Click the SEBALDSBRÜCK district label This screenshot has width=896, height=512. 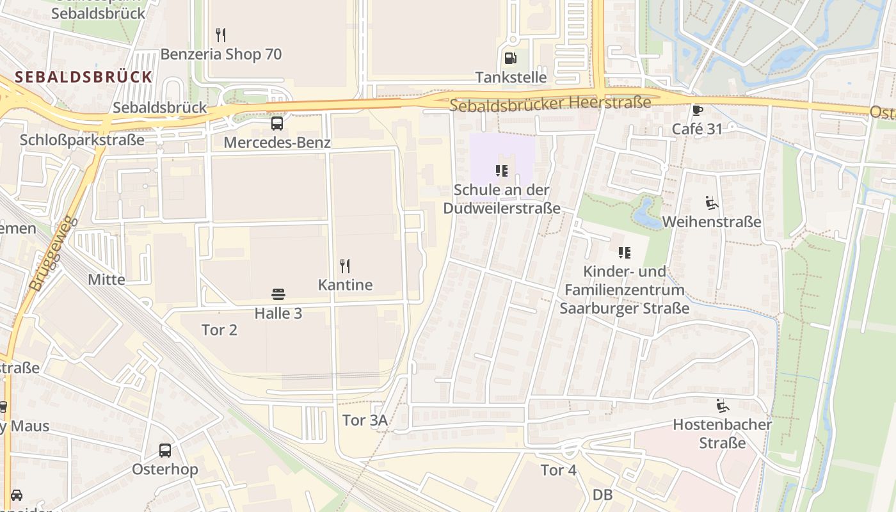pyautogui.click(x=84, y=77)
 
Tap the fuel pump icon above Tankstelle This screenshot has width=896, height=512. pyautogui.click(x=511, y=58)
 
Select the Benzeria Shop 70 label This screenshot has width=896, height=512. pyautogui.click(x=221, y=54)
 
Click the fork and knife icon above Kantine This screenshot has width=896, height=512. pyautogui.click(x=345, y=266)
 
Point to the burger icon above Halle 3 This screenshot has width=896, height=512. pyautogui.click(x=278, y=294)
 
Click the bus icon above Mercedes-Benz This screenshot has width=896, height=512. pyautogui.click(x=277, y=124)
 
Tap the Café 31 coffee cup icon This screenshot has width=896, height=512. pyautogui.click(x=697, y=110)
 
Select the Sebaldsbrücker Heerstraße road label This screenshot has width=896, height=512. pyautogui.click(x=550, y=103)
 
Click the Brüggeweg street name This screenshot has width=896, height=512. pyautogui.click(x=53, y=253)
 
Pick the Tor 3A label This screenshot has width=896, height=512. pyautogui.click(x=365, y=420)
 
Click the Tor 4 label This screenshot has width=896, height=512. pyautogui.click(x=559, y=470)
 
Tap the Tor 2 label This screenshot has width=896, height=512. pyautogui.click(x=220, y=330)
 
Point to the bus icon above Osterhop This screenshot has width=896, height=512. pyautogui.click(x=165, y=450)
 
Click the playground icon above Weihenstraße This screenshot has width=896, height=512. pyautogui.click(x=712, y=203)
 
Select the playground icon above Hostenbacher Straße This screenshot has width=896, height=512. pyautogui.click(x=722, y=405)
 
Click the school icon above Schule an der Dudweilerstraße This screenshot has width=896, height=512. pyautogui.click(x=502, y=171)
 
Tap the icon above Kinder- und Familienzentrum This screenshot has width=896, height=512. pyautogui.click(x=624, y=253)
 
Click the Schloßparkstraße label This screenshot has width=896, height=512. pyautogui.click(x=82, y=140)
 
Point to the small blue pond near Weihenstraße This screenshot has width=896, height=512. pyautogui.click(x=646, y=214)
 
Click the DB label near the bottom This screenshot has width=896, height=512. pyautogui.click(x=603, y=495)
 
